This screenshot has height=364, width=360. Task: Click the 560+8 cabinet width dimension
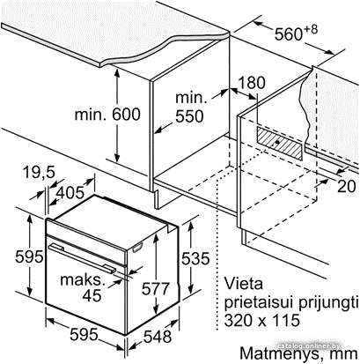tap(296, 33)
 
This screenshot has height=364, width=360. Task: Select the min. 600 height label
tap(107, 114)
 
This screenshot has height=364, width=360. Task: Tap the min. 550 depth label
tap(189, 108)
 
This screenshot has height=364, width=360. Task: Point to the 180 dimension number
tap(251, 83)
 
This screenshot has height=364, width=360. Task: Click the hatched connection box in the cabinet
tap(279, 143)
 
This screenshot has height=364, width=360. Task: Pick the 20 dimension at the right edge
tap(347, 186)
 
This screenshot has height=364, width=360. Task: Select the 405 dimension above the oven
tap(70, 192)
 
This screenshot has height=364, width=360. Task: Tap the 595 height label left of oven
tap(29, 256)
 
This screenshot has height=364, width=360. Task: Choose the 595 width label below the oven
tap(84, 334)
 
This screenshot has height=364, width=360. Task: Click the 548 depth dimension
tap(158, 337)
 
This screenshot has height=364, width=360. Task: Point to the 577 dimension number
tap(156, 288)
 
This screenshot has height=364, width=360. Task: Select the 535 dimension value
tap(195, 259)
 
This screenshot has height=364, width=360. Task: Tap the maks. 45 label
tap(83, 287)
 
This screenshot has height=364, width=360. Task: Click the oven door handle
tap(82, 258)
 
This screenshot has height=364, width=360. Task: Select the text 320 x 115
tap(262, 320)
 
